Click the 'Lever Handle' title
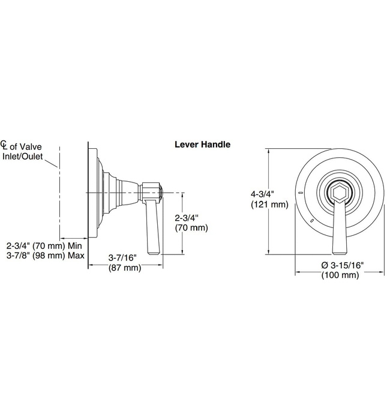click(x=202, y=145)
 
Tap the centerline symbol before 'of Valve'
click(x=4, y=145)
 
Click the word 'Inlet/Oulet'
click(x=22, y=156)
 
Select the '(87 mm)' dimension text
click(x=125, y=268)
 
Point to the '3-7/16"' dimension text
click(x=122, y=257)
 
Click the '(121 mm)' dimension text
click(x=269, y=205)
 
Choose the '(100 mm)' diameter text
click(x=340, y=275)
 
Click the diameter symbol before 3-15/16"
click(x=325, y=265)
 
